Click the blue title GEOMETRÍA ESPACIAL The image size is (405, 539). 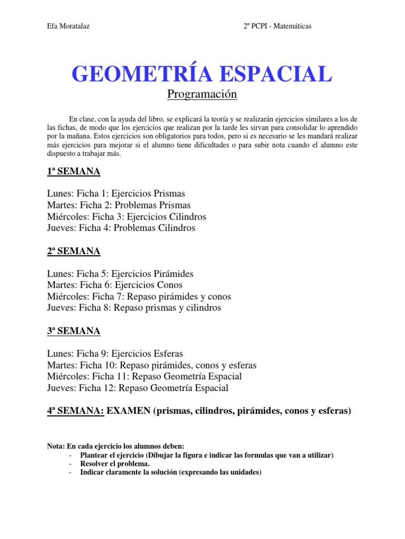[202, 73]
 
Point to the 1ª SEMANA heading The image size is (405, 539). [74, 172]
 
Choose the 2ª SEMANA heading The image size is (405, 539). [74, 251]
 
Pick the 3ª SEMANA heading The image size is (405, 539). [74, 331]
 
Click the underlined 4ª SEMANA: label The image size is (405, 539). [76, 411]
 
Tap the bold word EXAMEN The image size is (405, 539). [129, 411]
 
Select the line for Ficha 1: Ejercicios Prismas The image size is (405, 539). [116, 194]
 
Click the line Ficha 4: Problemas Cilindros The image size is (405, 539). [121, 228]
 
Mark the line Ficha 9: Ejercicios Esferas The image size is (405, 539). [115, 354]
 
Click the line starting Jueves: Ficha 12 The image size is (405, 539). [138, 388]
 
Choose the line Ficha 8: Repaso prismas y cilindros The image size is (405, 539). [134, 308]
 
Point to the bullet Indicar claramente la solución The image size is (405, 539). [171, 472]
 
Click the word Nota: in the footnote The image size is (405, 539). [55, 446]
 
